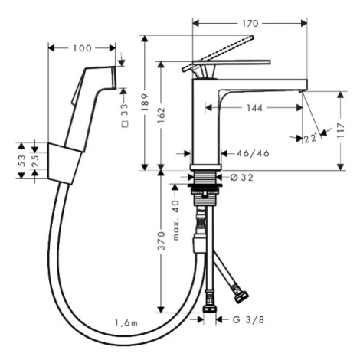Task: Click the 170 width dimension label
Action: pyautogui.click(x=250, y=24)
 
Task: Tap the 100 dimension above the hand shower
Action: pyautogui.click(x=82, y=48)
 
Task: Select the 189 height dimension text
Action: pyautogui.click(x=145, y=103)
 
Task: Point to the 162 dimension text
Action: pyautogui.click(x=161, y=116)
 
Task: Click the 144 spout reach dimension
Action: pyautogui.click(x=254, y=108)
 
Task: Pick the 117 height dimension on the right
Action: pyautogui.click(x=340, y=130)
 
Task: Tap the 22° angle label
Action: pyautogui.click(x=311, y=138)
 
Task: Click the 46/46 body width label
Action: pyautogui.click(x=253, y=153)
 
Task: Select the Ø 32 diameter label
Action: pyautogui.click(x=242, y=178)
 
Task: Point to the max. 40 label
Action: pyautogui.click(x=176, y=221)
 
